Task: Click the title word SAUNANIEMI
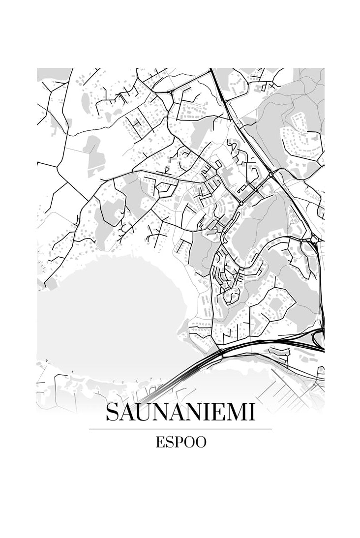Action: click(x=180, y=413)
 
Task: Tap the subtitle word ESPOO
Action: click(x=180, y=442)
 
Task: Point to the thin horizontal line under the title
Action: click(x=180, y=429)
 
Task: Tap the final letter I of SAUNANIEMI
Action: click(x=252, y=413)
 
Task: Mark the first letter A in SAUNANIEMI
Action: click(x=127, y=413)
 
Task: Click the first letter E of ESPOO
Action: click(x=159, y=442)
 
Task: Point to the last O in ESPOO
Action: click(x=200, y=442)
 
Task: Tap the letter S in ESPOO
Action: click(x=167, y=442)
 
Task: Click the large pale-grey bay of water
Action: click(x=108, y=315)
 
